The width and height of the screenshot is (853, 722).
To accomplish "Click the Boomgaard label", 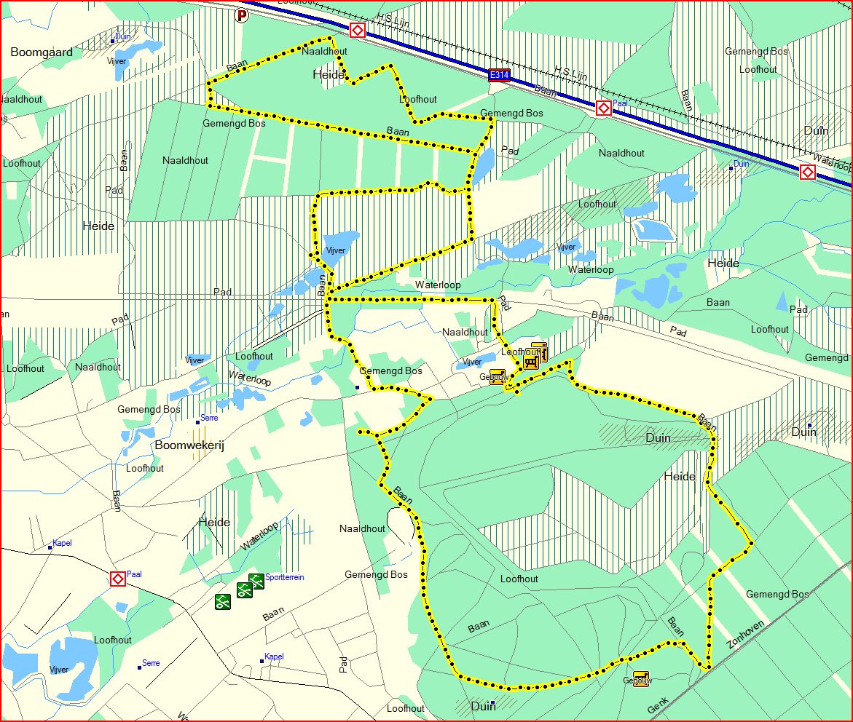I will pos(42,52).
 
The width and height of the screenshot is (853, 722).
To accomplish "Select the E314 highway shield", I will pos(499,74).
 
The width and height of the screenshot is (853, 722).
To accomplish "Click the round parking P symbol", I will pos(242,14).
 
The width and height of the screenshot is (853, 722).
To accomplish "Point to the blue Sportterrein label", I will pos(285,577).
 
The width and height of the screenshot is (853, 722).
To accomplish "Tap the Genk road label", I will pos(658,705).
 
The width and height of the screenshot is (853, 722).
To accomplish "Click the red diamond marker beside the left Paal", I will pos(117,579).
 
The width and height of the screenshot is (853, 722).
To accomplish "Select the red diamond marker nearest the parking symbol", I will pos(357,30).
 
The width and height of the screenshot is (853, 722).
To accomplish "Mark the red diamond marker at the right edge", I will pos(807,172).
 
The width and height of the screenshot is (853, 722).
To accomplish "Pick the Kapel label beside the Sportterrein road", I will pos(274,656).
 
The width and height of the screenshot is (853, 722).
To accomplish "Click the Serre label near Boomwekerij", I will pos(209,418).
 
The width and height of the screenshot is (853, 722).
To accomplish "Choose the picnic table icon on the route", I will pos(530,360).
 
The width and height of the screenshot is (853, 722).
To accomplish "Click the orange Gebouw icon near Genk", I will pos(640,678).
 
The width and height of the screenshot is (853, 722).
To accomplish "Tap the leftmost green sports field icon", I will pos(222,601).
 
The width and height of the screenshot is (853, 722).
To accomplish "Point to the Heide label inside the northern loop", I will pos(328,74).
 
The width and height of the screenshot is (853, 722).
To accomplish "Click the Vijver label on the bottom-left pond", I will pos(58,670).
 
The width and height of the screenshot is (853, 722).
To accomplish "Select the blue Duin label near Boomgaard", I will pos(122,36).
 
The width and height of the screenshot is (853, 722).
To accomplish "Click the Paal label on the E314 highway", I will pos(620,103).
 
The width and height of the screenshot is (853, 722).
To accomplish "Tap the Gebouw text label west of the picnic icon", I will pos(492,377).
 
